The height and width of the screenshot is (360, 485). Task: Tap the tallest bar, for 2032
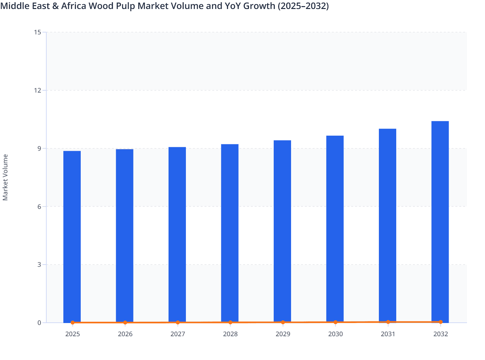click(440, 222)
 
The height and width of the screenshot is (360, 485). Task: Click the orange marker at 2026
click(125, 322)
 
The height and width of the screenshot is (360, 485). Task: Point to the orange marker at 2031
click(388, 322)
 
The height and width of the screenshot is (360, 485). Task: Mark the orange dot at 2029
click(283, 322)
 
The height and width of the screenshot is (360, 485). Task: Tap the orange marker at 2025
click(73, 322)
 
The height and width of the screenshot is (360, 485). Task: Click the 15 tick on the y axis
click(37, 32)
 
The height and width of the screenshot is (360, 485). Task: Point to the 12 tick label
click(37, 90)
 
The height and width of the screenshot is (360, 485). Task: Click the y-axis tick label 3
click(39, 265)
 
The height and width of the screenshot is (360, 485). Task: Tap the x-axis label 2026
click(125, 334)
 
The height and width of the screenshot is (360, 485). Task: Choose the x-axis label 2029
click(283, 334)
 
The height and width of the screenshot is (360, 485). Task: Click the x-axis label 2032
click(440, 334)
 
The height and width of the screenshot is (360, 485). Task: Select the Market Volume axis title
click(5, 177)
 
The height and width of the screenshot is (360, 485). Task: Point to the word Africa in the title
click(73, 6)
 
